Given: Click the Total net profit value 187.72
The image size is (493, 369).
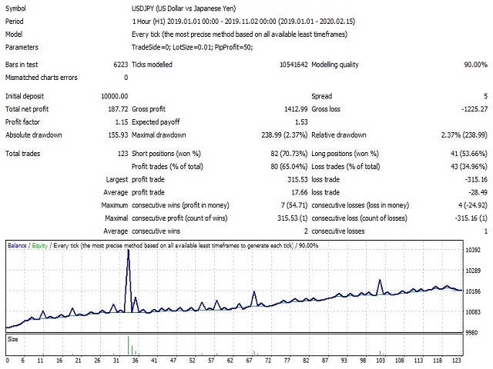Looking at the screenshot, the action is click(118, 109).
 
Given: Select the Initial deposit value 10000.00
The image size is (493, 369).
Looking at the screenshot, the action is click(115, 96).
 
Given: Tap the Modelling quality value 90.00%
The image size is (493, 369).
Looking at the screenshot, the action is click(476, 65).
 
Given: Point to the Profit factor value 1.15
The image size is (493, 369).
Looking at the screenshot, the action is click(122, 122).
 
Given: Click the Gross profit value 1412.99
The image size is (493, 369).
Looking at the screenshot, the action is click(296, 109).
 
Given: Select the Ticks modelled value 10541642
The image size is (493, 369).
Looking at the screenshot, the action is click(293, 65).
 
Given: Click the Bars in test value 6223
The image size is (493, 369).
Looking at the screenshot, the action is click(121, 65).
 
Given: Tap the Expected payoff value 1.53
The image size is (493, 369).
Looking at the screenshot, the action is click(301, 122).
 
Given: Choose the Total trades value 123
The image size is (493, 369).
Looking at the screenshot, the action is click(122, 154).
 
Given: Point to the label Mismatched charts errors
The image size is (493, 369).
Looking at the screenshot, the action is click(41, 78).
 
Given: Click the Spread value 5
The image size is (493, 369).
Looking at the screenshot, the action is click(485, 96).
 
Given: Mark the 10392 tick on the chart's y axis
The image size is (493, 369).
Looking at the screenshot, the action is click(473, 250).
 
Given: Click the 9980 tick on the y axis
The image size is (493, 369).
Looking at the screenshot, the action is click(471, 333).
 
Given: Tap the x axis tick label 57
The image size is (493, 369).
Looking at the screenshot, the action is click(211, 361).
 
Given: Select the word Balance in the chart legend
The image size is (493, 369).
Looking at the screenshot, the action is click(17, 245).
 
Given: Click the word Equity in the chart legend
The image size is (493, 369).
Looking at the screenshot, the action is click(39, 245).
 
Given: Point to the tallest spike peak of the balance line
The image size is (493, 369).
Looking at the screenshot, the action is click(129, 250).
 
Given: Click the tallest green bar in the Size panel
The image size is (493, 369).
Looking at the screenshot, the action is click(129, 345).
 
